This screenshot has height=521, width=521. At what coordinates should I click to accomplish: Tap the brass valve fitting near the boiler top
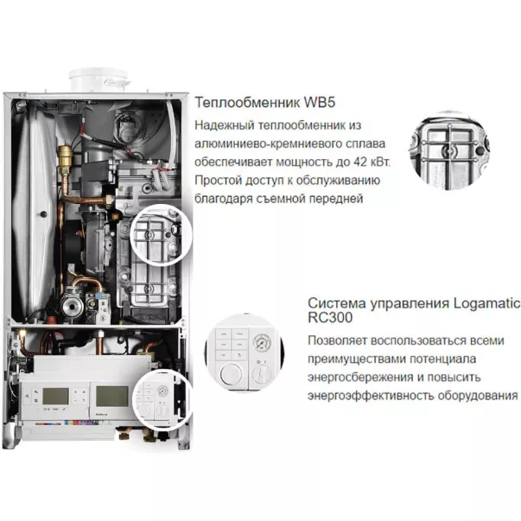[66, 157]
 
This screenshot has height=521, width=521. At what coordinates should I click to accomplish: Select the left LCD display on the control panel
[57, 397]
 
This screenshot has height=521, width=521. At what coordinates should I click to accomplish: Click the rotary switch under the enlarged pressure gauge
[262, 375]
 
